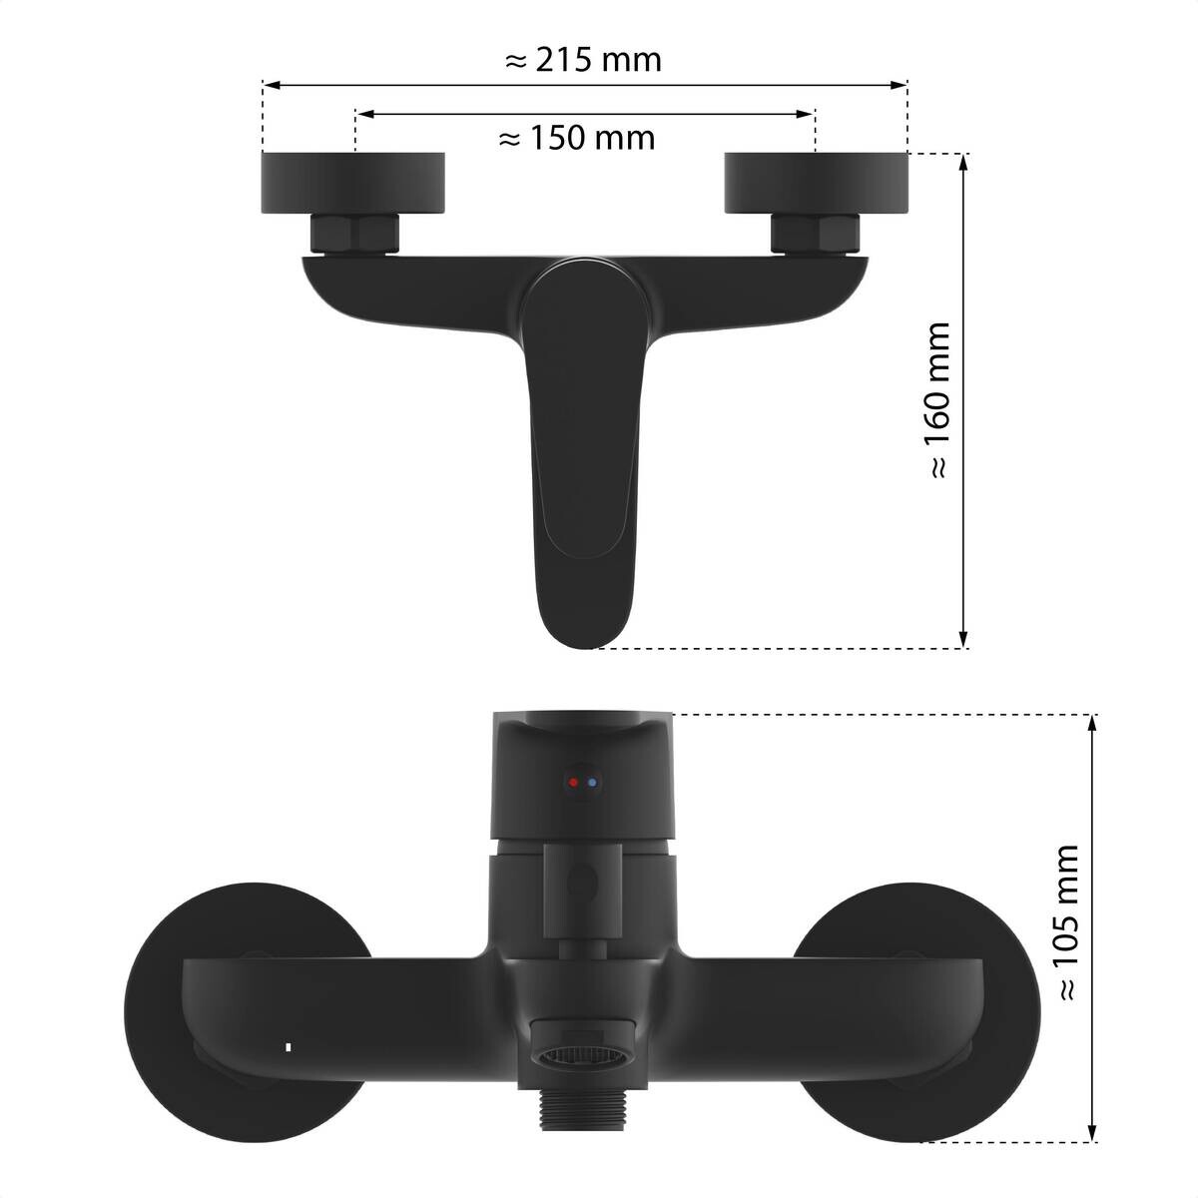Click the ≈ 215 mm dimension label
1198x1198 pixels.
pyautogui.click(x=582, y=60)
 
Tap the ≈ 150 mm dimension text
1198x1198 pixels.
pyautogui.click(x=576, y=138)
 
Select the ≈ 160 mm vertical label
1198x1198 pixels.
pyautogui.click(x=938, y=401)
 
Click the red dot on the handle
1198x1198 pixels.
pyautogui.click(x=573, y=782)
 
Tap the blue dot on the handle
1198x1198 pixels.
pyautogui.click(x=592, y=782)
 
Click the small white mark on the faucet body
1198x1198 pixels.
pyautogui.click(x=288, y=1046)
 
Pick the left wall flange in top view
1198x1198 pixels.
pyautogui.click(x=353, y=183)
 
